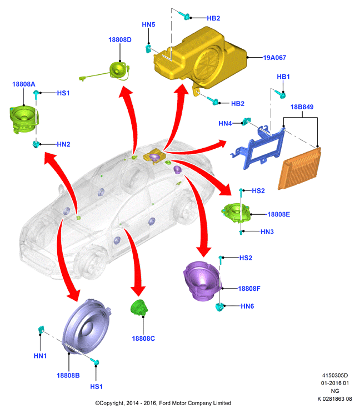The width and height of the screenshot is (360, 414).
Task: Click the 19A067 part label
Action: (274, 58)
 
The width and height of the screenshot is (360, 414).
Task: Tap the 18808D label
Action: (120, 40)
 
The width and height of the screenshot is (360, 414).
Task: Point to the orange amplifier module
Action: (300, 169)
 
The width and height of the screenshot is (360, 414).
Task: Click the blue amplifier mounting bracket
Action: (258, 148)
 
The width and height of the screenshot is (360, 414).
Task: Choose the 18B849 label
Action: (302, 107)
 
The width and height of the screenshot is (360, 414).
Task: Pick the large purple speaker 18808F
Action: (202, 281)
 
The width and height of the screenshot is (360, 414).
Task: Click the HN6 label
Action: (247, 306)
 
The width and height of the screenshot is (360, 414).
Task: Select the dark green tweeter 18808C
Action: (139, 307)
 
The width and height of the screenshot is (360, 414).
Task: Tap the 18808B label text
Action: (68, 376)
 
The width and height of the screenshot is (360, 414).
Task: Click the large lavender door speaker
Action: (86, 327)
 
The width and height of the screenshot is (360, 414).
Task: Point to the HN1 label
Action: (40, 356)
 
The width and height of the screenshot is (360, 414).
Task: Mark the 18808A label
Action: (23, 84)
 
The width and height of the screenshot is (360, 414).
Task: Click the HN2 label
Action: (64, 144)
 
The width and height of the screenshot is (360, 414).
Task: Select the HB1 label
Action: (283, 77)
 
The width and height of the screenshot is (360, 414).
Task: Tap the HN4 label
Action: (225, 124)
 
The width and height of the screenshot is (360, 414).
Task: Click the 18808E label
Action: (279, 214)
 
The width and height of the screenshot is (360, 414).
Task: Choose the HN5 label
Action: (148, 24)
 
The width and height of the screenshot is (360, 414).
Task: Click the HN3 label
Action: (267, 232)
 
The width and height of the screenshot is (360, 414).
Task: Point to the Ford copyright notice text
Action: (163, 403)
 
